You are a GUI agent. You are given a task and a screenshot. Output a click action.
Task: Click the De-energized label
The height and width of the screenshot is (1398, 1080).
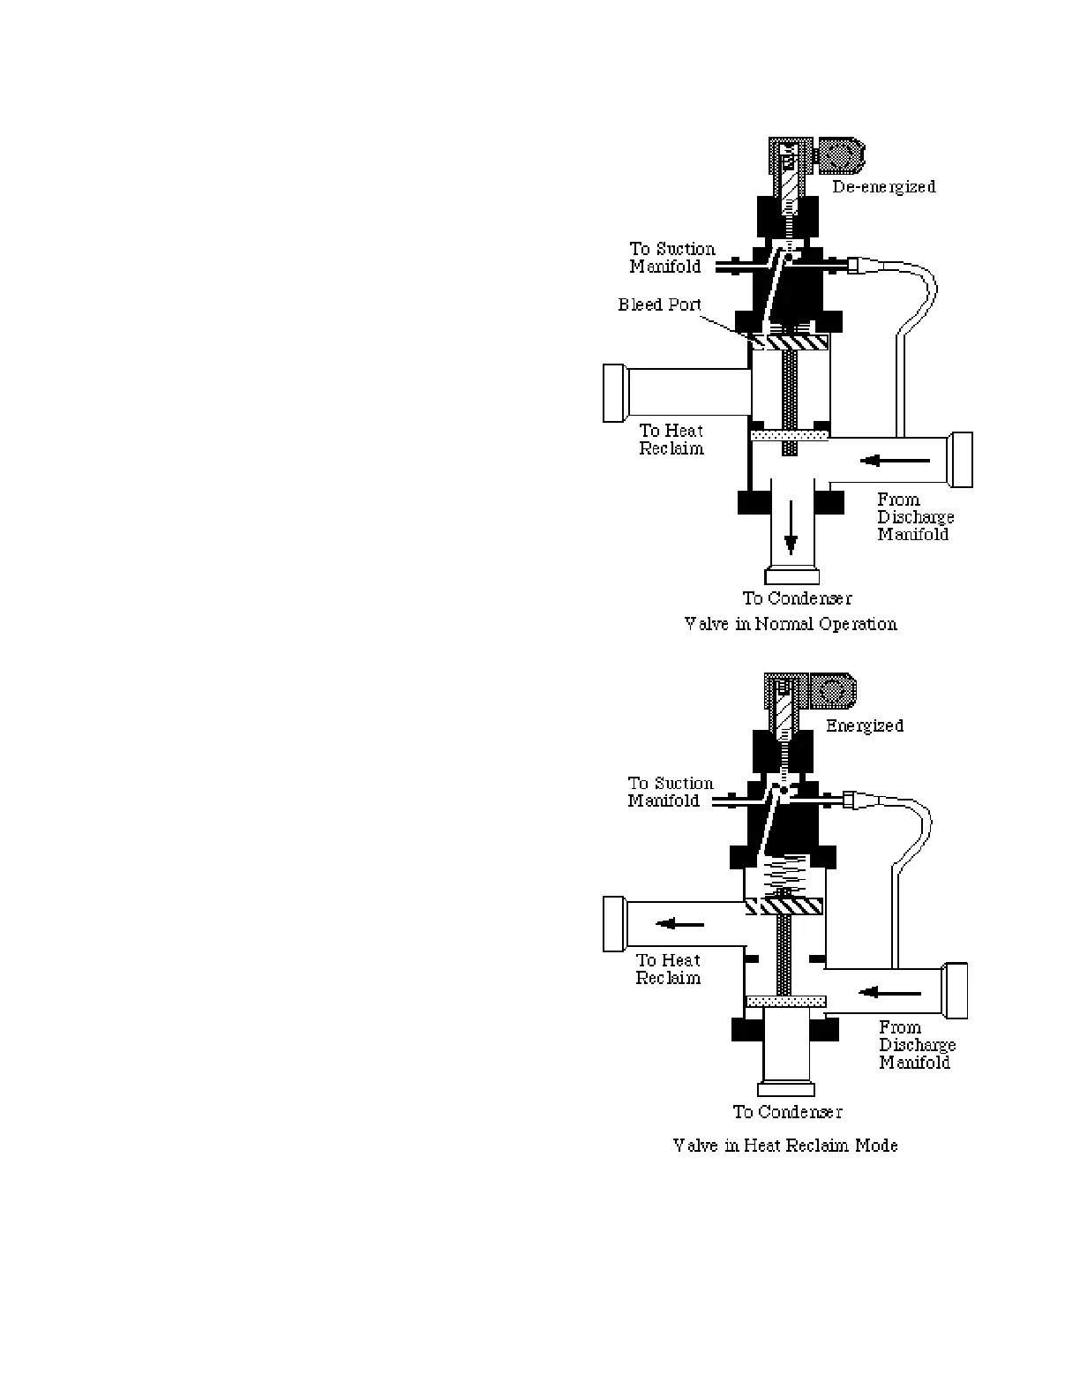pyautogui.click(x=883, y=187)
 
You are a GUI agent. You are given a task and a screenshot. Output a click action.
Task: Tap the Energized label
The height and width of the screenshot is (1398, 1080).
pyautogui.click(x=864, y=725)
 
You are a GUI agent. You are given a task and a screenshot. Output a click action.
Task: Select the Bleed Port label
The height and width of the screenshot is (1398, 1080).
pyautogui.click(x=659, y=305)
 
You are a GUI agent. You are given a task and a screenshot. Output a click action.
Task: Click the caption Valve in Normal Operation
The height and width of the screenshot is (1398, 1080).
pyautogui.click(x=791, y=624)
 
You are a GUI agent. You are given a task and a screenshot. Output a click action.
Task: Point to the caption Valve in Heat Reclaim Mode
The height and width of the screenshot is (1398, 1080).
pyautogui.click(x=785, y=1146)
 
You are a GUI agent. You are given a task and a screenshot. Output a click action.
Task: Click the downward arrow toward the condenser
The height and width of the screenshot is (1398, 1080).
pyautogui.click(x=791, y=527)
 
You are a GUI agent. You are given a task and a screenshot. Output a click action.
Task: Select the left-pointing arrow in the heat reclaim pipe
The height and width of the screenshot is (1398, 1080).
pyautogui.click(x=679, y=924)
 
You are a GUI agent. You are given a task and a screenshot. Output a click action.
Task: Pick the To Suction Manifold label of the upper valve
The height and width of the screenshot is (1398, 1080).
pyautogui.click(x=671, y=258)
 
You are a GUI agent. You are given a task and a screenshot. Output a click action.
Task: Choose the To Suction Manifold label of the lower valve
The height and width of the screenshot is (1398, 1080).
pyautogui.click(x=670, y=792)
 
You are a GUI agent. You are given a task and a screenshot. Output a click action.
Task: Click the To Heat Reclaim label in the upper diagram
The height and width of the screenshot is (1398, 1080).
pyautogui.click(x=671, y=440)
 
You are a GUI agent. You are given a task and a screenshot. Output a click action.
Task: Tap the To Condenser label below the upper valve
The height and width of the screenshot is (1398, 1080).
pyautogui.click(x=797, y=598)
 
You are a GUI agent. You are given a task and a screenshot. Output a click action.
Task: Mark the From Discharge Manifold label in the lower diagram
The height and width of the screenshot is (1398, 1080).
pyautogui.click(x=917, y=1045)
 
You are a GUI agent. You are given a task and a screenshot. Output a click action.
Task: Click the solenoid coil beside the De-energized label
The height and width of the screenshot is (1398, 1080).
pyautogui.click(x=840, y=156)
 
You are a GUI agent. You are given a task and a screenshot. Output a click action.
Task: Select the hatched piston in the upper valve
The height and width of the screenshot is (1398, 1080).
pyautogui.click(x=790, y=341)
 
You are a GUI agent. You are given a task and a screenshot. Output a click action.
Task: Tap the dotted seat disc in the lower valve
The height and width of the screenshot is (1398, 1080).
pyautogui.click(x=785, y=1001)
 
